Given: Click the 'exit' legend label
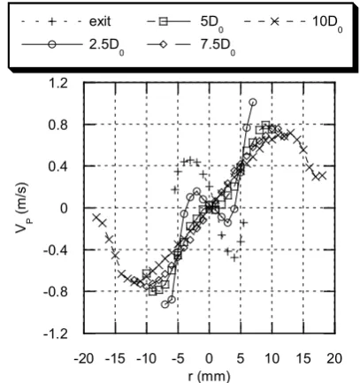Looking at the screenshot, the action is (x=100, y=22).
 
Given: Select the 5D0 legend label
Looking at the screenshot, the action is (x=211, y=23).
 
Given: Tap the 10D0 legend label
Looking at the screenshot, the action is (x=327, y=23).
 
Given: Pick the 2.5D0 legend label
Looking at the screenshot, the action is (x=106, y=47).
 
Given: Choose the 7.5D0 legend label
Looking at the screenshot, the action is (x=218, y=47).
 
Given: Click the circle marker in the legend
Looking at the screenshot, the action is (x=52, y=44).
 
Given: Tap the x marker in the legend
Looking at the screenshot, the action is (x=275, y=21).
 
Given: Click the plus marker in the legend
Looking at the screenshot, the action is (x=52, y=21).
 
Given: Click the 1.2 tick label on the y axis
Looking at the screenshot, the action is (x=58, y=83).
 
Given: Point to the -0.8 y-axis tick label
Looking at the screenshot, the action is (x=56, y=292).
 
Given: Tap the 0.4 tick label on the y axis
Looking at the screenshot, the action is (x=58, y=167).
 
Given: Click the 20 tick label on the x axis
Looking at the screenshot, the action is (x=334, y=359).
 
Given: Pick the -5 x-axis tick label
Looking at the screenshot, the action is (x=178, y=359).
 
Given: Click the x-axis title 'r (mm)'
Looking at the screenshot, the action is (x=209, y=377).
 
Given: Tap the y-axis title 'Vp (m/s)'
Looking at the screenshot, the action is (x=23, y=208).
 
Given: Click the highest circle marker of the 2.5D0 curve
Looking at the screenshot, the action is (x=253, y=103).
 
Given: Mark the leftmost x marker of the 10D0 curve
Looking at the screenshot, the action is (x=96, y=218).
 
